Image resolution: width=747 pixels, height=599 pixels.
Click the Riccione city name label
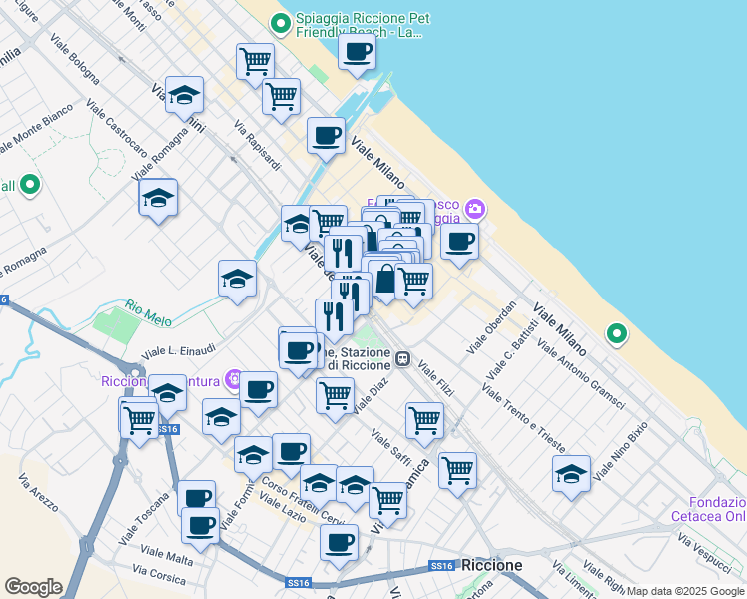click(492, 565)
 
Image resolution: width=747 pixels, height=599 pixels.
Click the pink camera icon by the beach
click(474, 208)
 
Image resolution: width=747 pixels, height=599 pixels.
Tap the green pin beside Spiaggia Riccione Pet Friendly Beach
click(280, 22)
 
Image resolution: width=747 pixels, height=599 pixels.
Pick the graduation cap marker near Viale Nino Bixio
click(571, 474)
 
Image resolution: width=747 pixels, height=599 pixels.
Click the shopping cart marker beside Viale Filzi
click(424, 420)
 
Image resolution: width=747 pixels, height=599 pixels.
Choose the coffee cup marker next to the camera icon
click(459, 241)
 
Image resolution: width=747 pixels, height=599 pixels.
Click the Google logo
click(33, 586)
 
